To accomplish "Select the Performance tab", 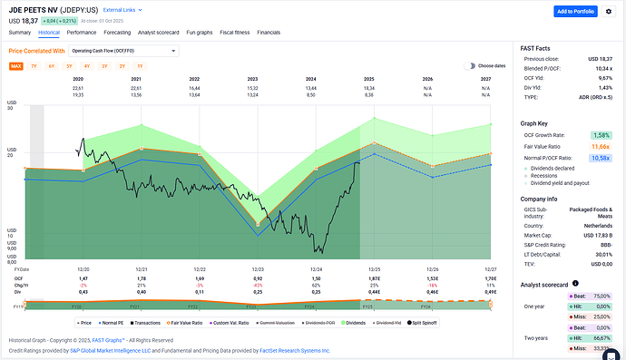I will pyautogui.click(x=81, y=32).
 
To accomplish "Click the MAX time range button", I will pyautogui.click(x=16, y=66).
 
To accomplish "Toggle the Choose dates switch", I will pyautogui.click(x=470, y=66).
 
